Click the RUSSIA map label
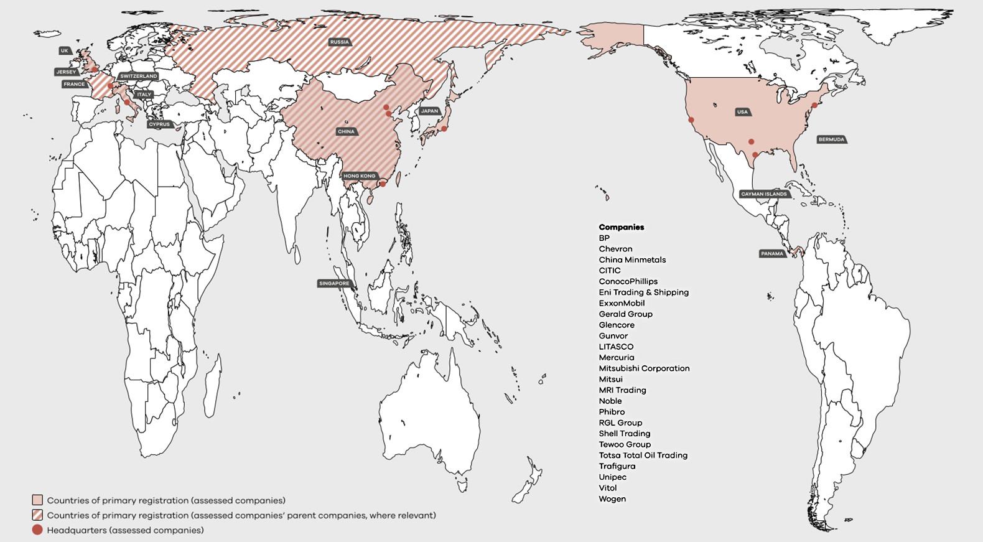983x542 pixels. (x=340, y=42)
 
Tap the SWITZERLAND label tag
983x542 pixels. (x=138, y=76)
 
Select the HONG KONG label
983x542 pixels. (x=360, y=176)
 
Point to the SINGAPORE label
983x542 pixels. (x=334, y=283)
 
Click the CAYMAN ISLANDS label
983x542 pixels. (x=764, y=194)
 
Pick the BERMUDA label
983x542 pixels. (x=831, y=139)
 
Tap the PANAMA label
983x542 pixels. (x=772, y=254)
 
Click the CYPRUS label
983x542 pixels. (x=159, y=124)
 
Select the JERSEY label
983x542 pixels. (x=66, y=72)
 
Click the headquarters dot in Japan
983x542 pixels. (x=444, y=129)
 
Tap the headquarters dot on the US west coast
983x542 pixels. (x=691, y=120)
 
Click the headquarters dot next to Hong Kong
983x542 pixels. (x=383, y=184)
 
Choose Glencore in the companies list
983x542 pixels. (x=617, y=325)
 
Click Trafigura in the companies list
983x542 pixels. (x=617, y=466)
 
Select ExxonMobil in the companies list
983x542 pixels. (x=622, y=303)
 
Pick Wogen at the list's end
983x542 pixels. (x=612, y=498)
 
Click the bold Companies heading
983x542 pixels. (x=622, y=227)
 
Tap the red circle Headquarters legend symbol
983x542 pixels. (x=37, y=530)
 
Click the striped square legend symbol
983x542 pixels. (x=37, y=515)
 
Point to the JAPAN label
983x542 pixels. (x=429, y=111)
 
